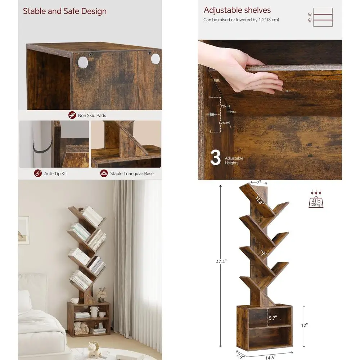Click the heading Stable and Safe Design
point(65,11)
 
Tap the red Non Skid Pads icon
point(72,115)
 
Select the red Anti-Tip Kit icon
point(38,173)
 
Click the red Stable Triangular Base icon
point(104,173)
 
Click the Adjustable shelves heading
point(237,10)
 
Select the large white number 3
point(215,158)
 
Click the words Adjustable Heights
point(234,161)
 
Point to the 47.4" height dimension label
point(222,262)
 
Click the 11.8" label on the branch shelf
point(260,201)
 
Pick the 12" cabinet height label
point(304,325)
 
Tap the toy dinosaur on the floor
point(94,348)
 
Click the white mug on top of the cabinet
point(75,300)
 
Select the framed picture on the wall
point(23,230)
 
